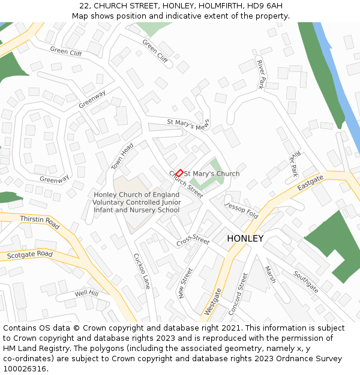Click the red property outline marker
(179, 173)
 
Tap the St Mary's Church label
(211, 174)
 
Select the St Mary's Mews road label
(188, 125)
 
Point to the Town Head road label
(122, 157)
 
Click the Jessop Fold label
(241, 211)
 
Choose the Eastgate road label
(310, 183)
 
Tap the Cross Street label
(193, 241)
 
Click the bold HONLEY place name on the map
(245, 239)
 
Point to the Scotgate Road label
(30, 255)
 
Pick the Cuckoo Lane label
(142, 271)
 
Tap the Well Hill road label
(86, 293)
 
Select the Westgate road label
(212, 302)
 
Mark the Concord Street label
(238, 293)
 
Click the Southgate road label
(306, 281)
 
